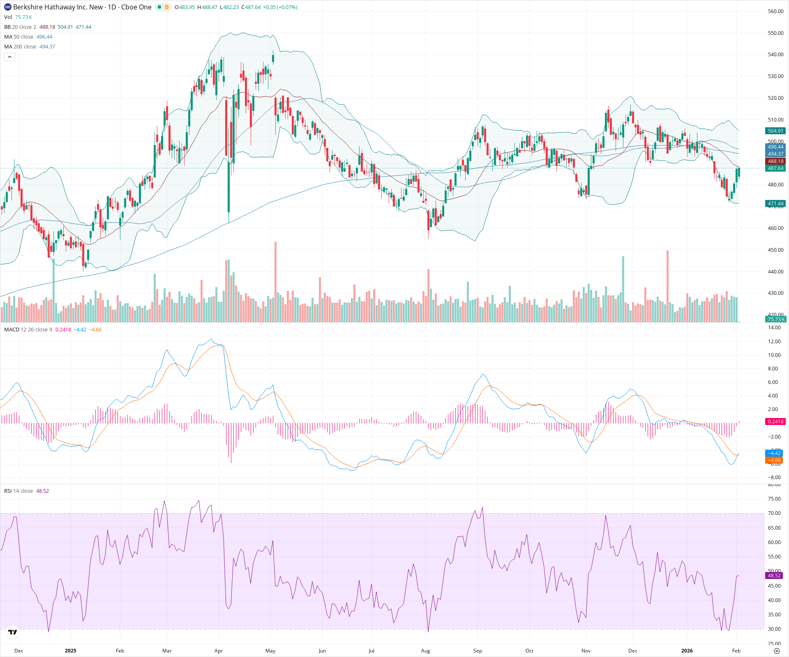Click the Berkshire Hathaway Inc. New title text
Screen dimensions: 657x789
(x=58, y=7)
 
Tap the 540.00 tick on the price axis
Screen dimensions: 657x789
(x=775, y=55)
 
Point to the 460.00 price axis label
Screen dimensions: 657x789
(x=775, y=228)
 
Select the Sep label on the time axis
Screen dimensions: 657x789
(x=478, y=650)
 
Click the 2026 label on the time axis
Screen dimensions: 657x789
(x=687, y=650)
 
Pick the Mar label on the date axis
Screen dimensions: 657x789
(x=167, y=650)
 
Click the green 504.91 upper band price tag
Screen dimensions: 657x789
(x=775, y=131)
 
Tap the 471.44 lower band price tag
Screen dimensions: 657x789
(x=775, y=204)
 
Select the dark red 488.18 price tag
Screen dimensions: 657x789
(x=775, y=161)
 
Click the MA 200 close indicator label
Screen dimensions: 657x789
(x=20, y=47)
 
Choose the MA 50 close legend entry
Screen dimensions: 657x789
(x=18, y=37)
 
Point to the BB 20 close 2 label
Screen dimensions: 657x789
(x=20, y=27)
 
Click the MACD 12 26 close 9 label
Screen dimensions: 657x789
(x=28, y=330)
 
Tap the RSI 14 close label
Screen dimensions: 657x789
(x=18, y=491)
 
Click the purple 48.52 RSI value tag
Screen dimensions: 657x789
(x=774, y=576)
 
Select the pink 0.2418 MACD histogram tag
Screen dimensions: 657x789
(x=775, y=422)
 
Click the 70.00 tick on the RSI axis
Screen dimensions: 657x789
(x=774, y=513)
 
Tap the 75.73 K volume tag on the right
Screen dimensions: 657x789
(x=776, y=319)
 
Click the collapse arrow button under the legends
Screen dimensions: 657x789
(x=9, y=57)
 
